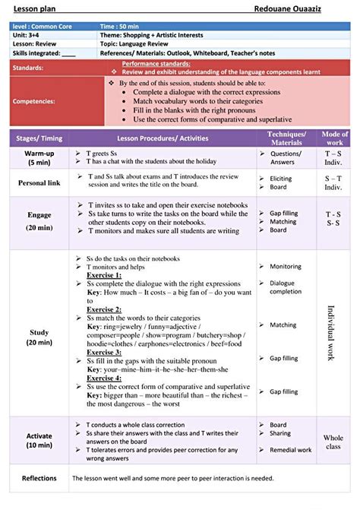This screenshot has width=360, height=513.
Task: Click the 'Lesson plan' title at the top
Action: (33, 7)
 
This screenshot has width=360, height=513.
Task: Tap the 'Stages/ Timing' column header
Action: (39, 138)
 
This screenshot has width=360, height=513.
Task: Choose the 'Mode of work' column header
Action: (334, 138)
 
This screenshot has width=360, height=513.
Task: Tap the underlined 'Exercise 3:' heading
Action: (103, 353)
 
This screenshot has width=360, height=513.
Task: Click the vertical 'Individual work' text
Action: (331, 334)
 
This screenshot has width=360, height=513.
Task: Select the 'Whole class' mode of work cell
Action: (333, 442)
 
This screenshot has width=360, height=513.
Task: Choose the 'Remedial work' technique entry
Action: (291, 450)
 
